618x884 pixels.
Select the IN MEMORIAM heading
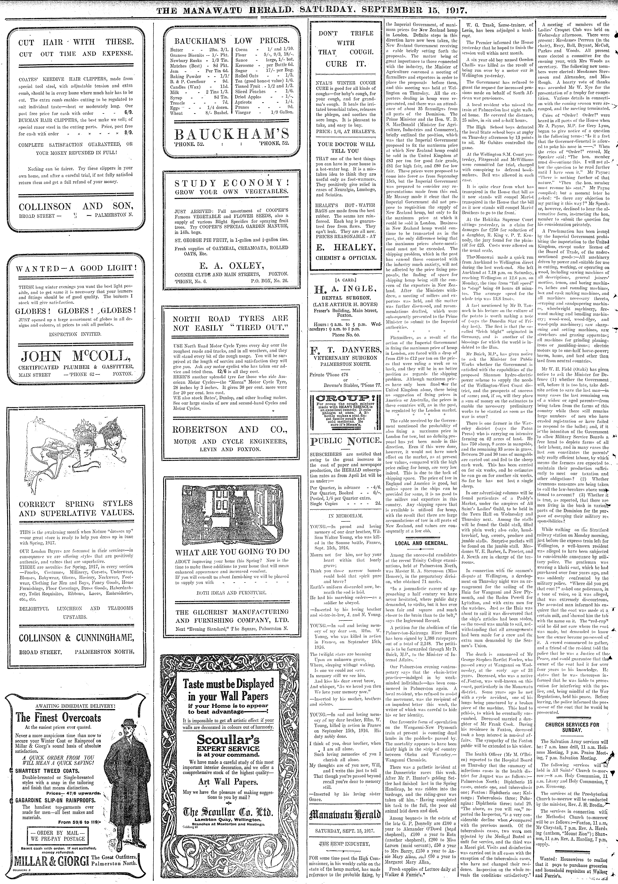click(x=345, y=515)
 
